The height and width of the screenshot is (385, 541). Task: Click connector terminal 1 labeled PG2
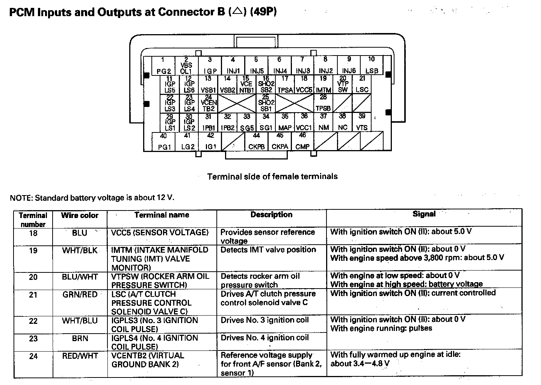pyautogui.click(x=163, y=66)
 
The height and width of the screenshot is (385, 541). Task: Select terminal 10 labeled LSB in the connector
pyautogui.click(x=372, y=66)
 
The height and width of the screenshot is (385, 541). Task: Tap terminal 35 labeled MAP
pyautogui.click(x=285, y=122)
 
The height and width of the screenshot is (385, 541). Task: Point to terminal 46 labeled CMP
pyautogui.click(x=302, y=141)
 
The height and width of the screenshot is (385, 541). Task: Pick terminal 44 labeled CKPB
pyautogui.click(x=256, y=141)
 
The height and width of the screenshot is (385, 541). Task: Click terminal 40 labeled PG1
pyautogui.click(x=163, y=141)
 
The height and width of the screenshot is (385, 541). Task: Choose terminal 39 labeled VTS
pyautogui.click(x=362, y=122)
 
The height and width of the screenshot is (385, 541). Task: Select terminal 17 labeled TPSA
pyautogui.click(x=285, y=84)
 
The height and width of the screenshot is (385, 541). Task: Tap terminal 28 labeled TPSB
pyautogui.click(x=323, y=103)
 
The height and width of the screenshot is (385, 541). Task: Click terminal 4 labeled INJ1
pyautogui.click(x=233, y=66)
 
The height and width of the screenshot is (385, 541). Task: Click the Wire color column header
pyautogui.click(x=80, y=215)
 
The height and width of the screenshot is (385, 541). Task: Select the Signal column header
pyautogui.click(x=424, y=214)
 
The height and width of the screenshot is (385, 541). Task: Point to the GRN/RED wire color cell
pyautogui.click(x=80, y=295)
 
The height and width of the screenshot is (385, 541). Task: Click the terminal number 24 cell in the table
pyautogui.click(x=33, y=356)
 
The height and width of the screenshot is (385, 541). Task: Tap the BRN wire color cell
pyautogui.click(x=80, y=338)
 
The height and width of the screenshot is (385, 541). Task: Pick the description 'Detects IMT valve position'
pyautogui.click(x=268, y=250)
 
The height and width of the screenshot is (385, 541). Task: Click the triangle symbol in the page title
pyautogui.click(x=237, y=12)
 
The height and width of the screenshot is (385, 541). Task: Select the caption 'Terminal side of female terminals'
pyautogui.click(x=272, y=176)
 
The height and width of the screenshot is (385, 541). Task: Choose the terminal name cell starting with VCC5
pyautogui.click(x=160, y=233)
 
